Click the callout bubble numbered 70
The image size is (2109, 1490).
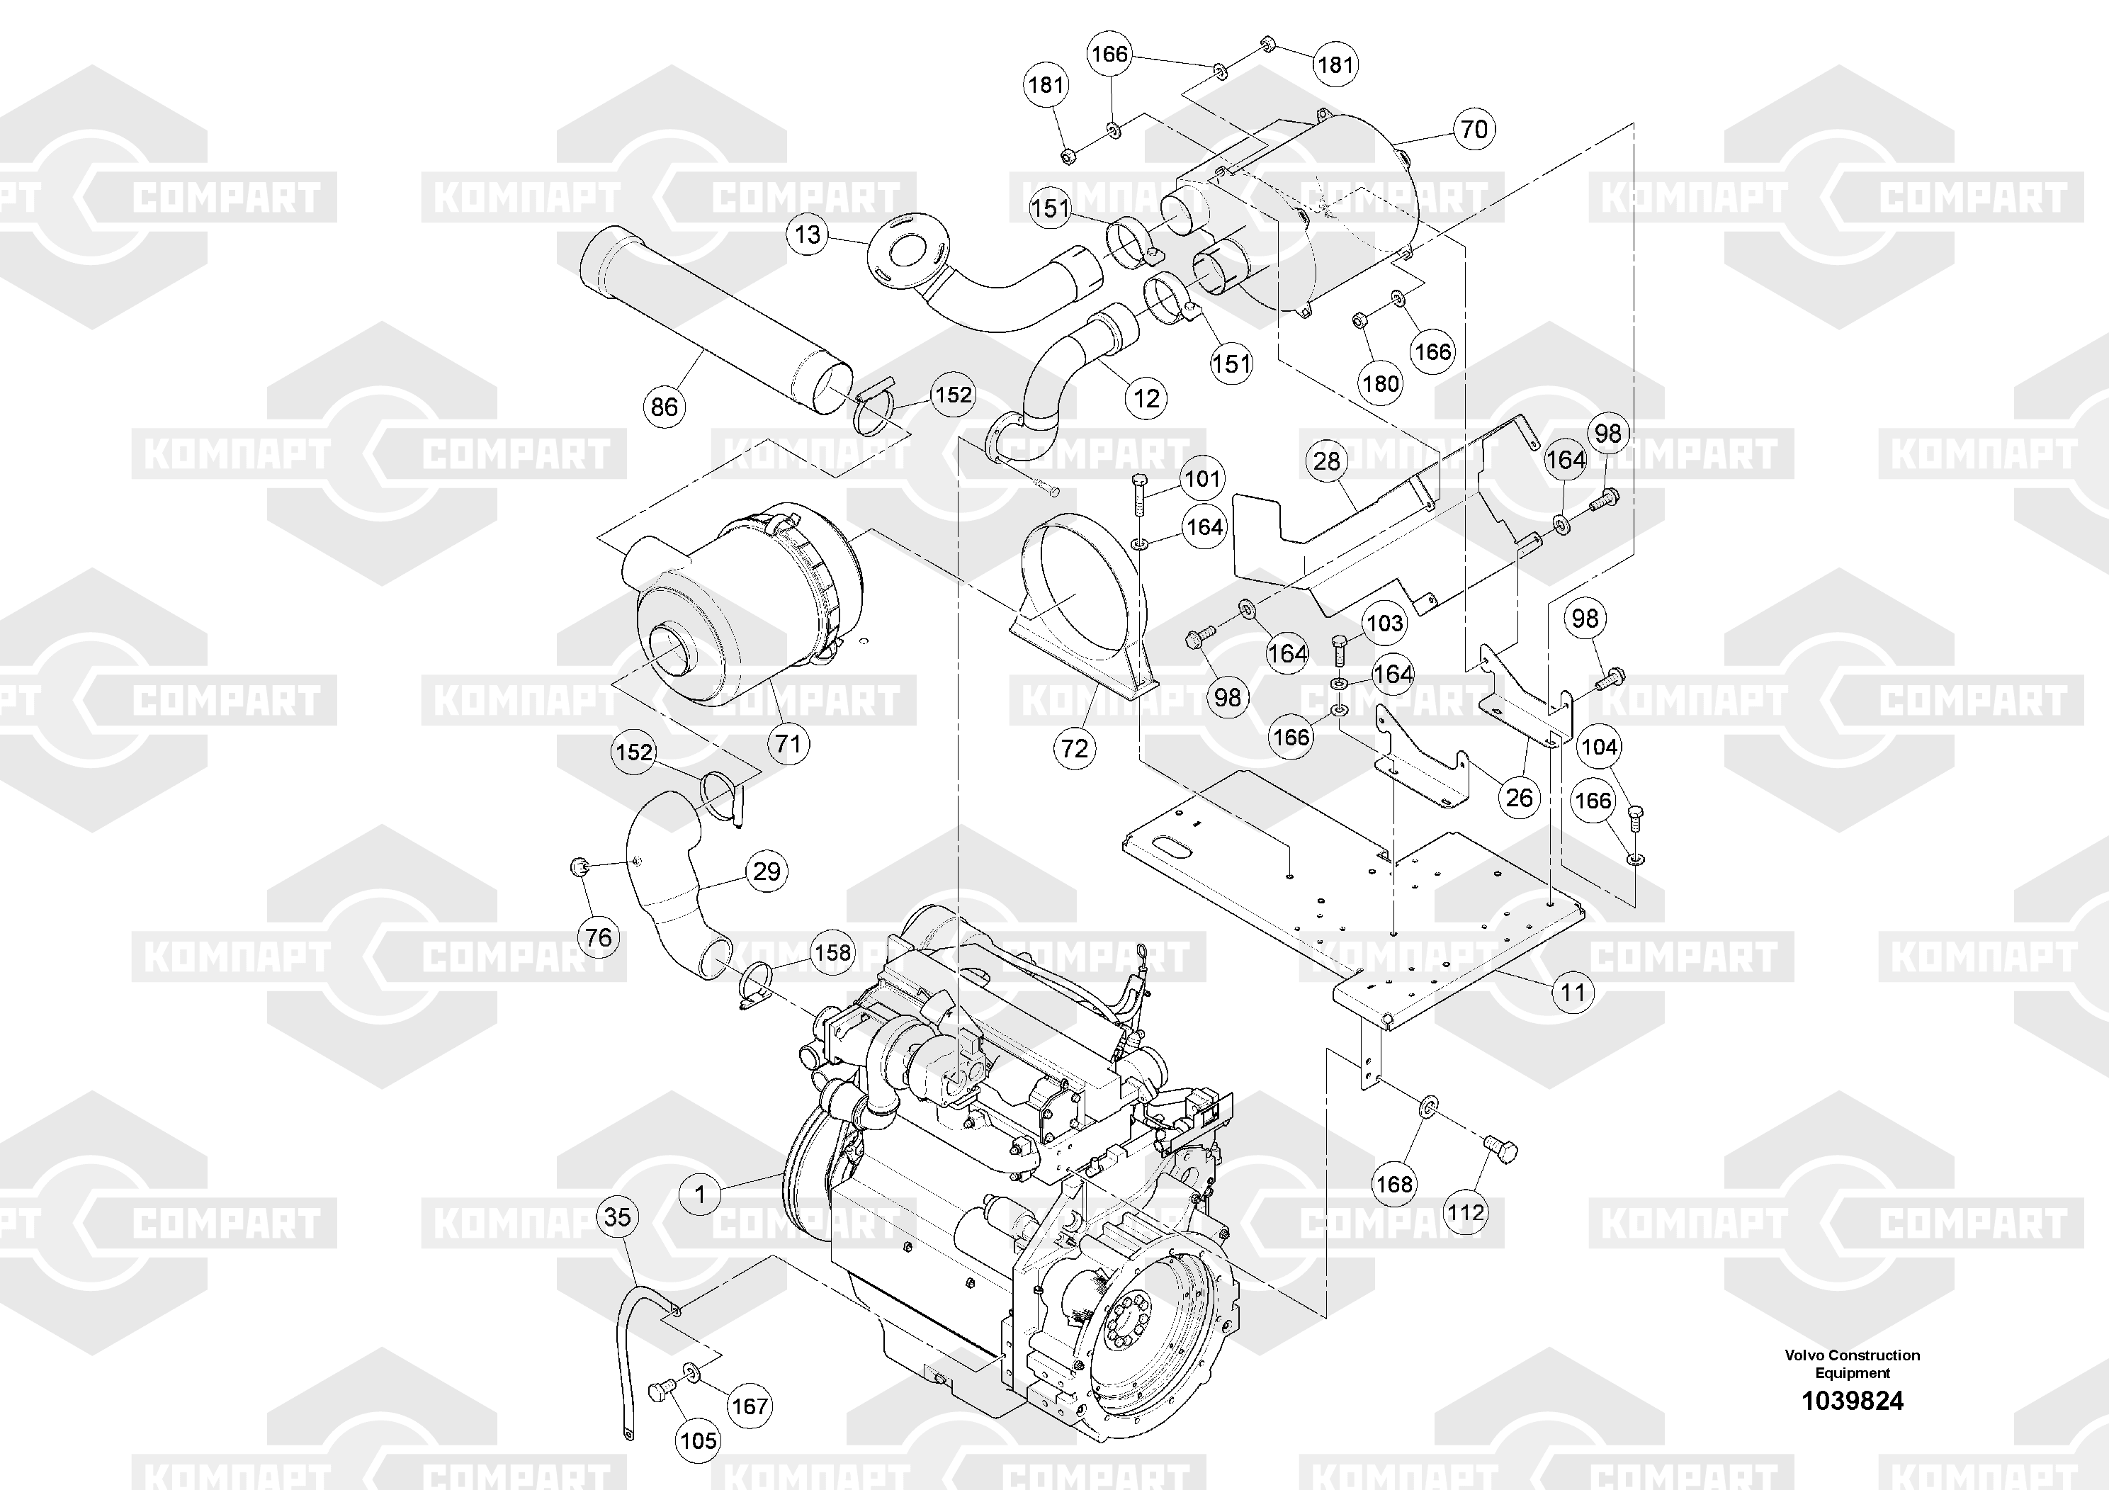(1474, 129)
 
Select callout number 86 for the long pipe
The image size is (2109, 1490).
(664, 406)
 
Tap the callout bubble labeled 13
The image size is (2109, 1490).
(808, 235)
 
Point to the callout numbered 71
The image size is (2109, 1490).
(788, 743)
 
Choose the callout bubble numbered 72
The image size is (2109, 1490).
(1075, 749)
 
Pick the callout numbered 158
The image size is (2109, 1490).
(833, 953)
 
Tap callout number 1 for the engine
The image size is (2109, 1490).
(701, 1195)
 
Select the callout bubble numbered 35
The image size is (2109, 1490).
(617, 1217)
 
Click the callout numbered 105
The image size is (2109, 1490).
(698, 1440)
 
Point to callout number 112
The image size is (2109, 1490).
(1465, 1212)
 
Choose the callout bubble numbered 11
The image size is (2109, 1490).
(1573, 992)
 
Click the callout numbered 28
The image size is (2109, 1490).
(1326, 461)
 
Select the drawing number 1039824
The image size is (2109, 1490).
(1852, 1401)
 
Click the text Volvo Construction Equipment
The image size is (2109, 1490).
(1852, 1363)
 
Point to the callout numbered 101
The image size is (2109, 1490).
(1201, 479)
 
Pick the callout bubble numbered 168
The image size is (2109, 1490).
(1394, 1184)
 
